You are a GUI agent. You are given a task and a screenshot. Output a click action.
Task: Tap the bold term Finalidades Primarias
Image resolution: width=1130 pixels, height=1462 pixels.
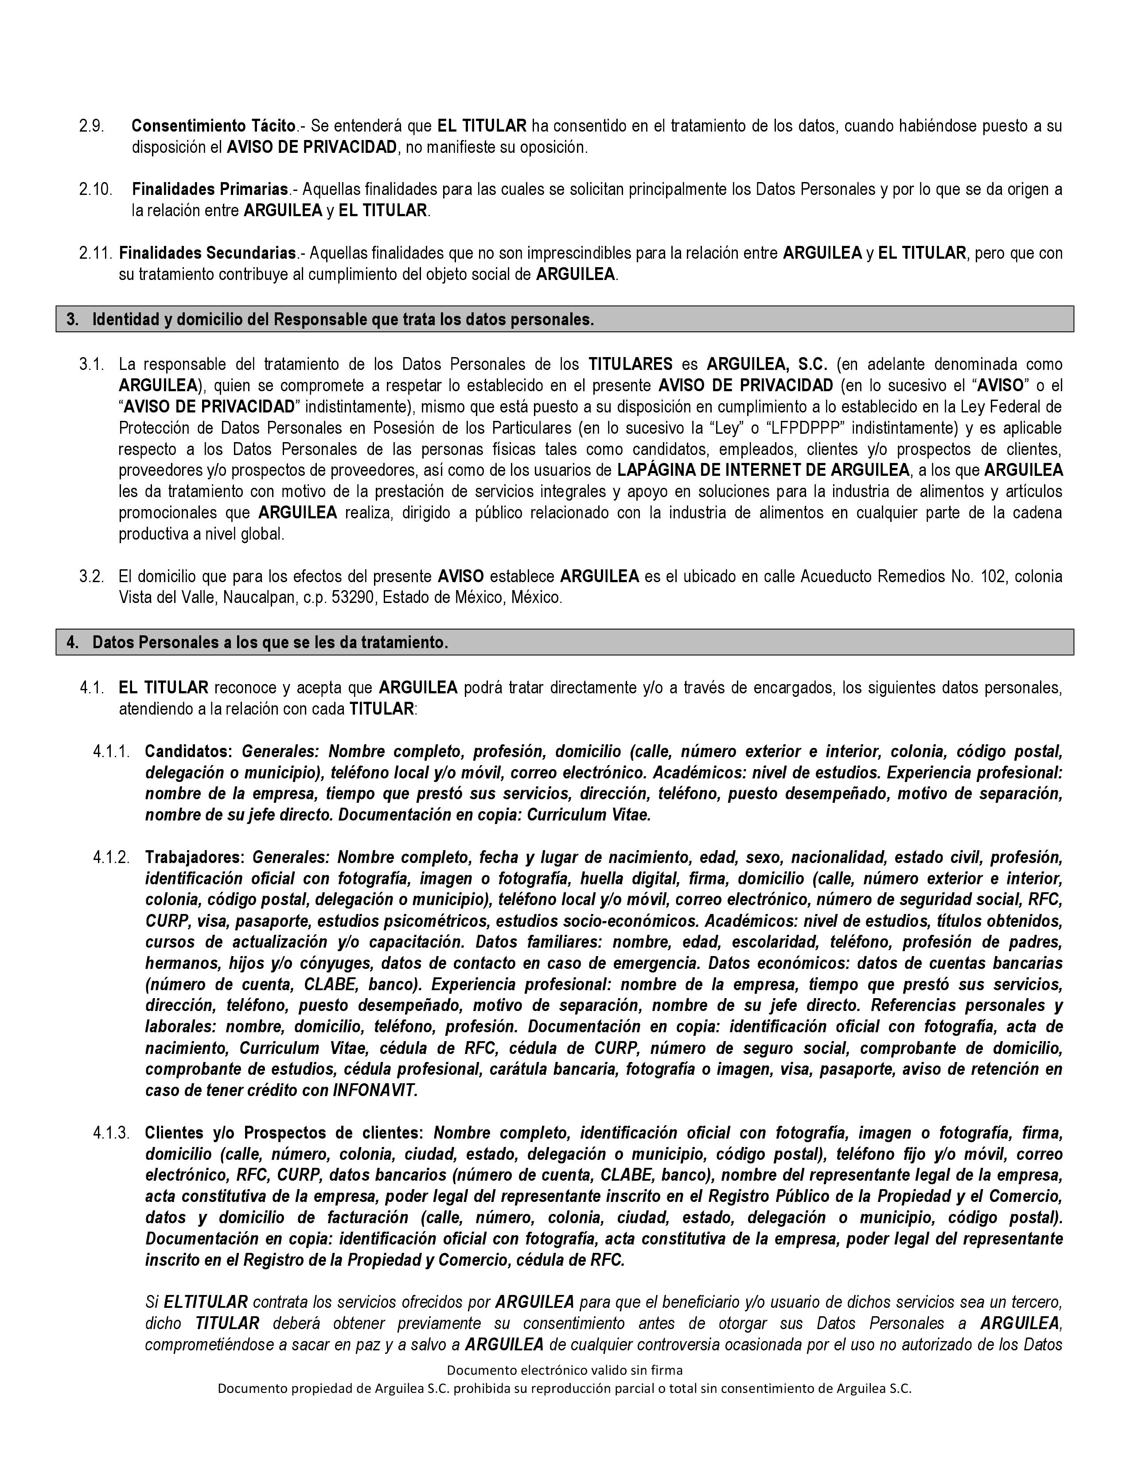[210, 190]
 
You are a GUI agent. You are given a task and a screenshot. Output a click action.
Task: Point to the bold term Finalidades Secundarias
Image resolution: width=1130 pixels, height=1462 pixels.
[207, 253]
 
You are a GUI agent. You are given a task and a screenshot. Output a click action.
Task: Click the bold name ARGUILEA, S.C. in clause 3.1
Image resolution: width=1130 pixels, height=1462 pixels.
[767, 364]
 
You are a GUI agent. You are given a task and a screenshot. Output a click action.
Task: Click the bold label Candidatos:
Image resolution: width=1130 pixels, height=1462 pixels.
[189, 751]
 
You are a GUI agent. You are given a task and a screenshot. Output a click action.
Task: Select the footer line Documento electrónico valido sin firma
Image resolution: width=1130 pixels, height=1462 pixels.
[564, 1369]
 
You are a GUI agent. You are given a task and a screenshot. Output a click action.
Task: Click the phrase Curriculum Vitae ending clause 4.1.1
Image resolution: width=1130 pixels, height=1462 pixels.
[588, 815]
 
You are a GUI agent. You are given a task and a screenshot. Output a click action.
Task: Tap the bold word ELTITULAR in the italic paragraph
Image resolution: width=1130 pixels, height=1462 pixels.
[206, 1302]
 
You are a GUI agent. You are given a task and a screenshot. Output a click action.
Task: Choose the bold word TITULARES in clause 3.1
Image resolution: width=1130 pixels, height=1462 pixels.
[630, 364]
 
